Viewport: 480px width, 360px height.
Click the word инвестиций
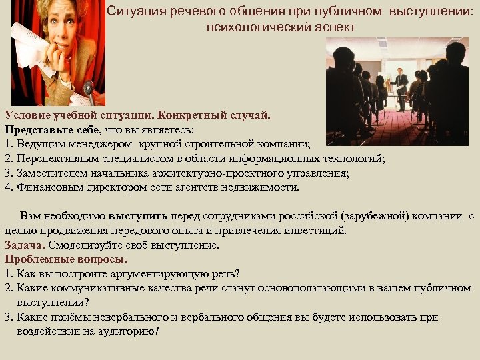(x=313, y=231)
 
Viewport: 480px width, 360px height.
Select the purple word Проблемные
(x=35, y=259)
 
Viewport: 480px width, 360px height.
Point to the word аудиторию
(x=126, y=331)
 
